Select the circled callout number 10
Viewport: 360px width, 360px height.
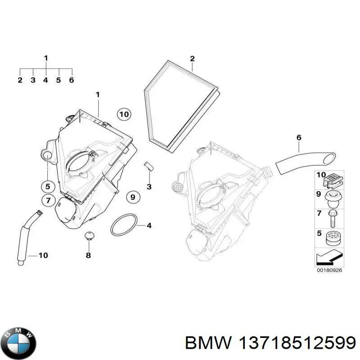click(124, 115)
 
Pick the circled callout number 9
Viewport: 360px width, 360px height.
click(133, 197)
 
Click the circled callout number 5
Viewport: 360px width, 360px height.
click(47, 185)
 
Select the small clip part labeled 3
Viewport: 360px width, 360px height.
click(148, 166)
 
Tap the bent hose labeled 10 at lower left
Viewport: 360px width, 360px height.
click(25, 234)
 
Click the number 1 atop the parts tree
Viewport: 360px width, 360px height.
click(45, 58)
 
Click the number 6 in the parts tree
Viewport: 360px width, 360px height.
click(71, 80)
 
